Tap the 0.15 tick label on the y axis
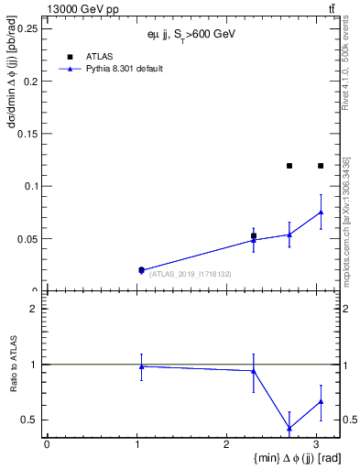coord(28,134)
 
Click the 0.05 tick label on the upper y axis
coord(28,239)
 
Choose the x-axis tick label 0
coord(47,444)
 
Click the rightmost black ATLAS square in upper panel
coord(321,166)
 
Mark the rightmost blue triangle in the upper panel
coord(321,212)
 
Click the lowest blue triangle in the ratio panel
coord(289,428)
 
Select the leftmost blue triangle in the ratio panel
coord(141,366)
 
